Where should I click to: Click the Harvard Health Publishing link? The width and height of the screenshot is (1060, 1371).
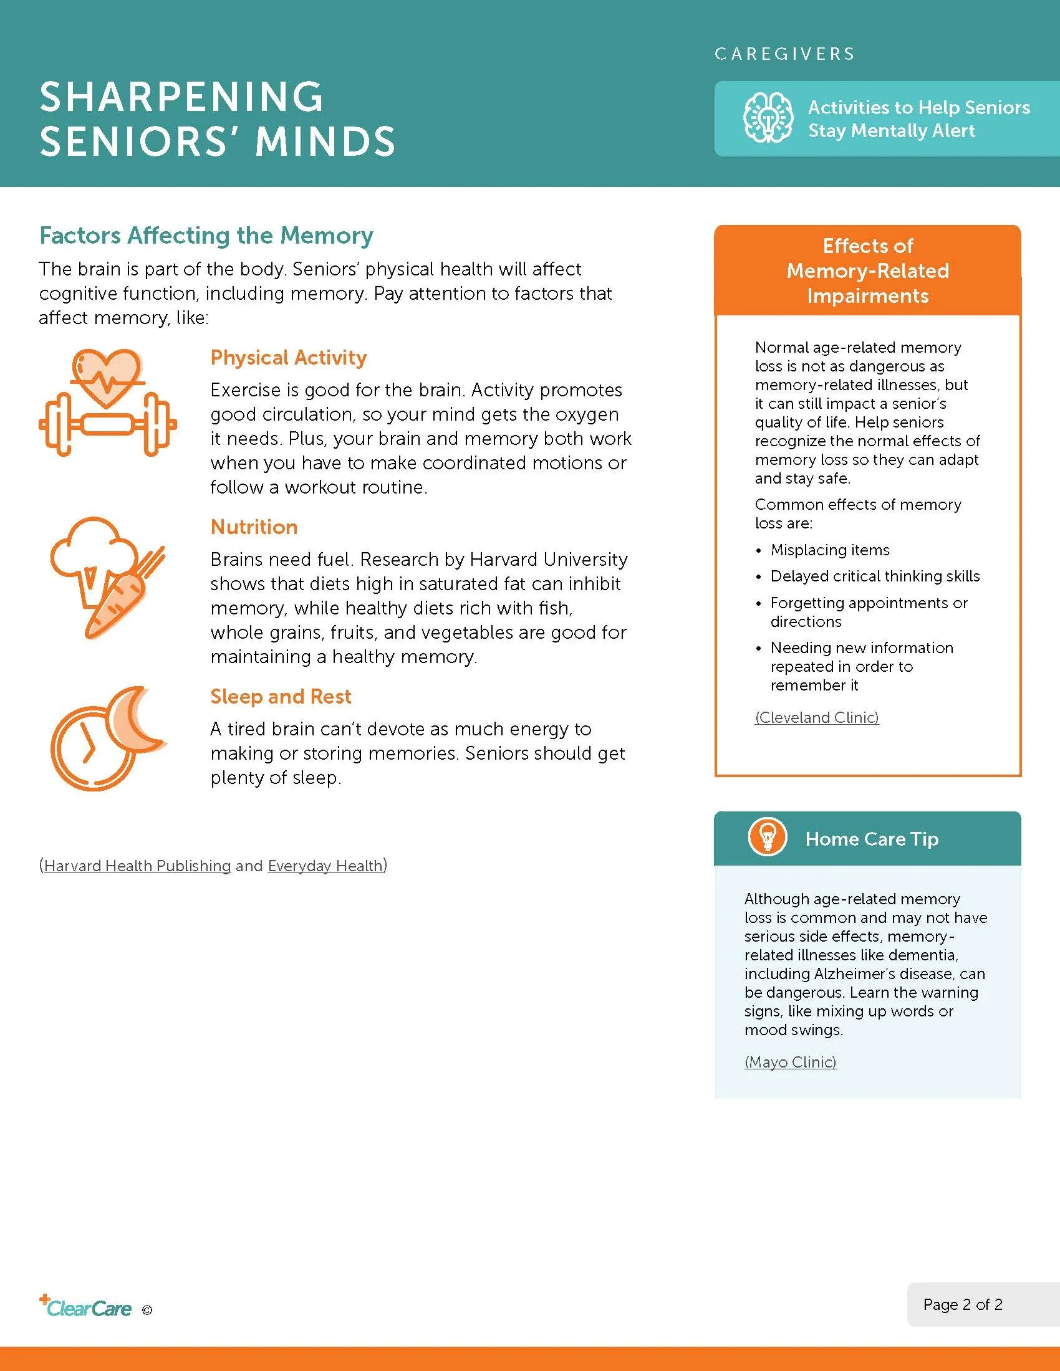coord(137,866)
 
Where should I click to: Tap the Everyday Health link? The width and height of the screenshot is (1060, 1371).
coord(325,866)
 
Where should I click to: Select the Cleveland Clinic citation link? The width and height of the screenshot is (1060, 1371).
coord(816,717)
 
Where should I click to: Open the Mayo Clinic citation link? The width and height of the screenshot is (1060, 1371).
coord(790,1061)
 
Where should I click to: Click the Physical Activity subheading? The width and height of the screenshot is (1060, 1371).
coord(288,357)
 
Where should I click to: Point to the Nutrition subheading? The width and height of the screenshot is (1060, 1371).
coord(254,527)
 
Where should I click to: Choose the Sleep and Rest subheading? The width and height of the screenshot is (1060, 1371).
coord(281,696)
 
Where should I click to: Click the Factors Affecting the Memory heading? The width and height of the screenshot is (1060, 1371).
coord(206,236)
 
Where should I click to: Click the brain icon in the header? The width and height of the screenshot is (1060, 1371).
coord(768,118)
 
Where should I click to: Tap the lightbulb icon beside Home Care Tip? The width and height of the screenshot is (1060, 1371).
coord(767,838)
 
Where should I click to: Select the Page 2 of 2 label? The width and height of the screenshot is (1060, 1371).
coord(962,1304)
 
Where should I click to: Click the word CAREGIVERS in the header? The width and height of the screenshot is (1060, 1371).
coord(784,54)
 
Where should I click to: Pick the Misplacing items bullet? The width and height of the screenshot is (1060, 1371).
coord(829,550)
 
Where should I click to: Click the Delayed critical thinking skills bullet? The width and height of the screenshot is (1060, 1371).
coord(875,576)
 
